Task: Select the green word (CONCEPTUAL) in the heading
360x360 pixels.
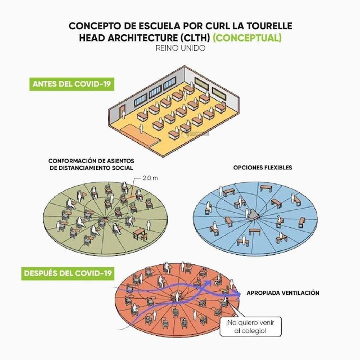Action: click(x=247, y=38)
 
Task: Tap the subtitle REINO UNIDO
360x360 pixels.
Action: click(x=180, y=48)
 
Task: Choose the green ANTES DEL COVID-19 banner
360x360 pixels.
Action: click(x=71, y=84)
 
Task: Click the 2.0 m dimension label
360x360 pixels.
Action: click(x=149, y=178)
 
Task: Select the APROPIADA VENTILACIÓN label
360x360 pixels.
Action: click(x=283, y=293)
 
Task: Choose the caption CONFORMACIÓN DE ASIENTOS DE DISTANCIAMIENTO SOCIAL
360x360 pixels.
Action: click(x=91, y=164)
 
